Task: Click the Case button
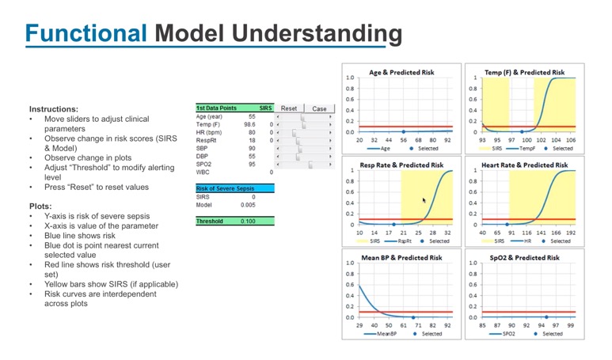[x=318, y=108]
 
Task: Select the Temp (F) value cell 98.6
[x=249, y=124]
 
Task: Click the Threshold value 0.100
[x=247, y=222]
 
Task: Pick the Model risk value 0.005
[x=248, y=204]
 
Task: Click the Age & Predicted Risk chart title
[x=401, y=73]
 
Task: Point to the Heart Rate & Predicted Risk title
[x=524, y=165]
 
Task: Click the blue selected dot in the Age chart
[x=403, y=132]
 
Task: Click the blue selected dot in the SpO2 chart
[x=545, y=316]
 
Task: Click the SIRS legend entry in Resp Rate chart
[x=378, y=241]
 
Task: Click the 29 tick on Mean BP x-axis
[x=359, y=325]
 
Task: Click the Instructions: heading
[x=54, y=109]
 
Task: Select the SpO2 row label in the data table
[x=204, y=164]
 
